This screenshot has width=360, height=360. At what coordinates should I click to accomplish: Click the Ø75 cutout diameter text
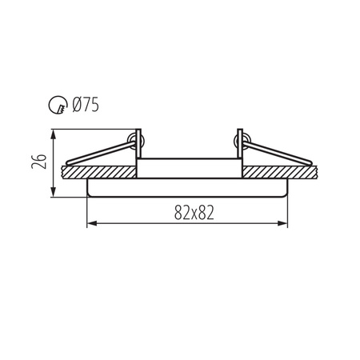point(86,103)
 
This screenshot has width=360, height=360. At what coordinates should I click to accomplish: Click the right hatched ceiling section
point(280,172)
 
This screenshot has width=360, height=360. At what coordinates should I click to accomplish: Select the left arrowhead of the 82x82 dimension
point(90,224)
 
